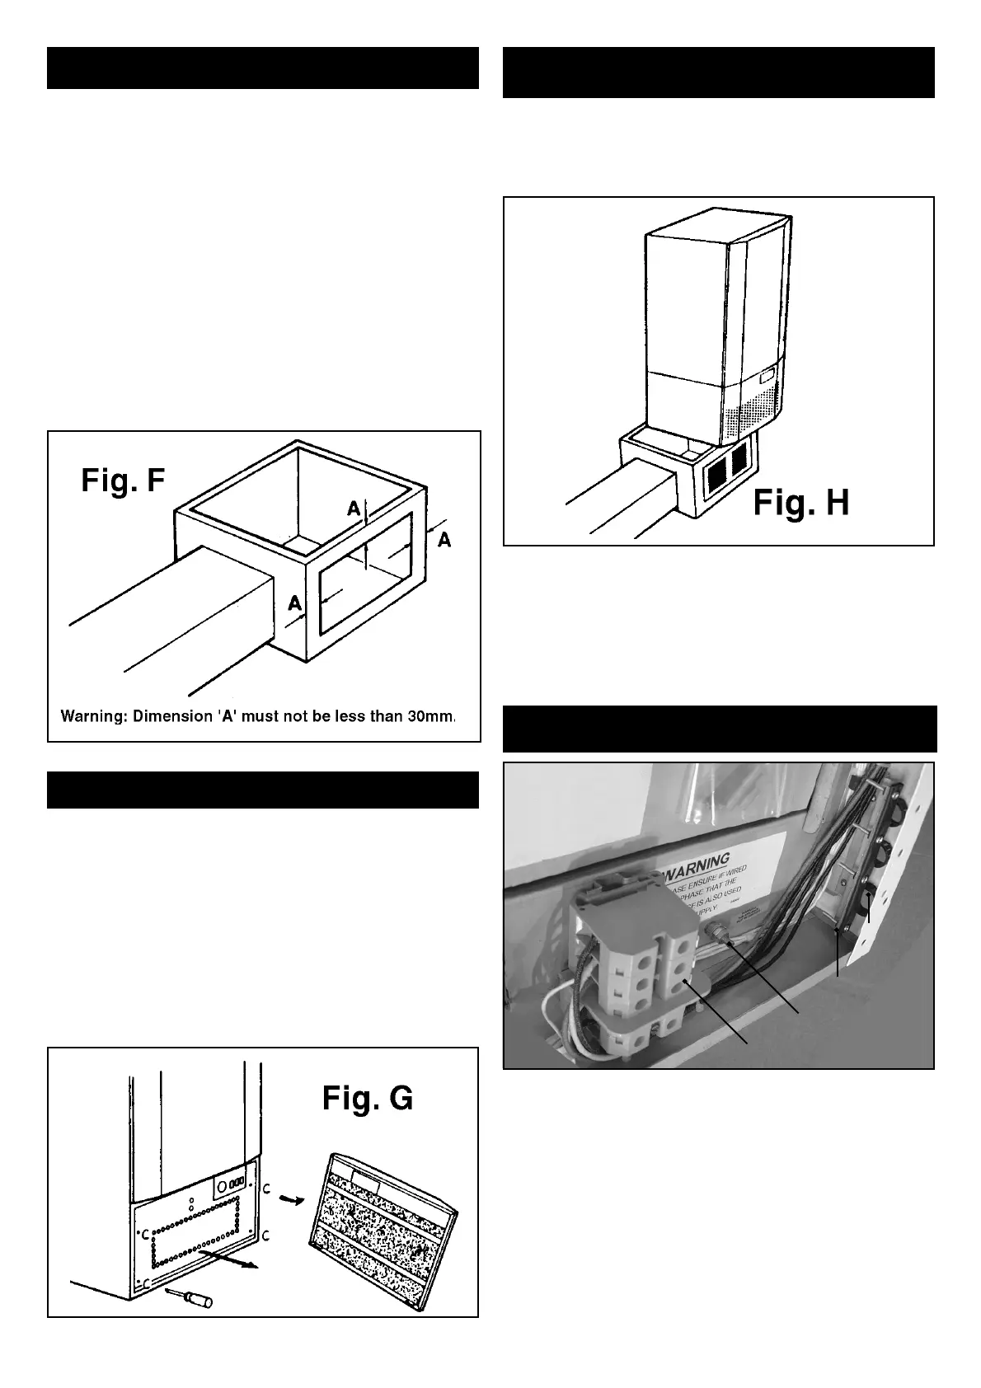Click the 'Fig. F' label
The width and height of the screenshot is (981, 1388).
click(124, 480)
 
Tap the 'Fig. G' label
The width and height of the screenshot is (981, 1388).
click(368, 1098)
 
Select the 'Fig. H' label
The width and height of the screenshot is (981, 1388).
click(800, 502)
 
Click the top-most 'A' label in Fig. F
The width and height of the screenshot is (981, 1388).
click(354, 509)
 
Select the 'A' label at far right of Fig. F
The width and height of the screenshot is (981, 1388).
click(444, 540)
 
